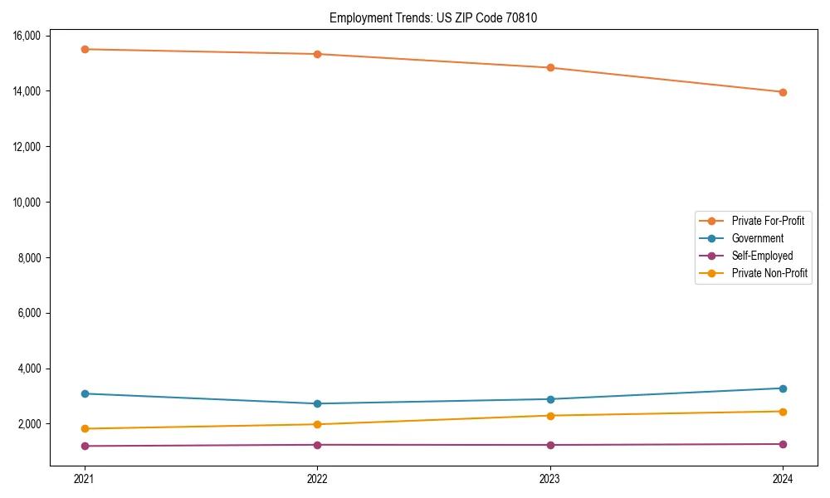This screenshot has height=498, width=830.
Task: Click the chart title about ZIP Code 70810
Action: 433,17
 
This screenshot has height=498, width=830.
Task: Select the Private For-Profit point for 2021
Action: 85,49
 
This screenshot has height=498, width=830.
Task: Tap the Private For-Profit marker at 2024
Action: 783,92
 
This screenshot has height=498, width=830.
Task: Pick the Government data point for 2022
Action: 317,403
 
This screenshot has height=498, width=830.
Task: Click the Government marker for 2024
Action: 783,388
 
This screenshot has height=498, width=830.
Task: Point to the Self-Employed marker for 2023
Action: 550,445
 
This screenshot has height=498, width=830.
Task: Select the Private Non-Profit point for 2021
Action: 85,428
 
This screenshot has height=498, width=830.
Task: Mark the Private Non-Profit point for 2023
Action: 550,416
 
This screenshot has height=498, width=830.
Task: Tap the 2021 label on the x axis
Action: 85,478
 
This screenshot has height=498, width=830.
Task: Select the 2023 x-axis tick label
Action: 550,478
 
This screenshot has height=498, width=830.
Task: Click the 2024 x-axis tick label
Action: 783,478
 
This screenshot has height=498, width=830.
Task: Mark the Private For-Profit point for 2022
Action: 317,54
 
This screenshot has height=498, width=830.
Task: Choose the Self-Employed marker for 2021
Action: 85,446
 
